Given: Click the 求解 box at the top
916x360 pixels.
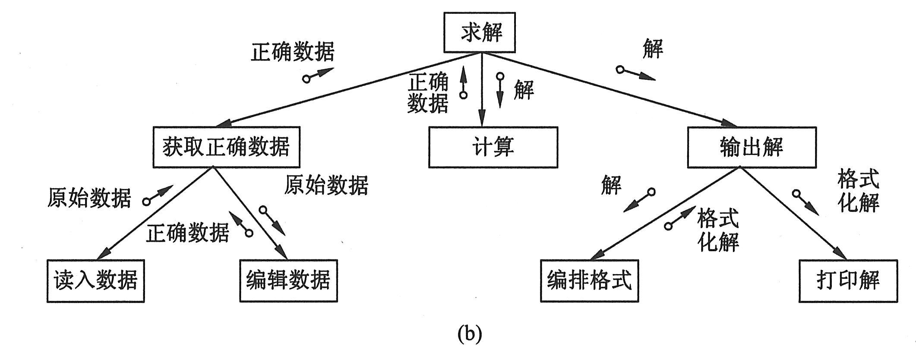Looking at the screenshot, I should [480, 32].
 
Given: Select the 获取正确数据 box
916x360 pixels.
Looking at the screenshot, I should [226, 147].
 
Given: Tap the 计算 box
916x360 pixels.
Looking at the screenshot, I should [493, 147].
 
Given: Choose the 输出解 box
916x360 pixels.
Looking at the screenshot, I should [752, 147].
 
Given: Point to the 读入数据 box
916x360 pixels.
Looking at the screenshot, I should [95, 281].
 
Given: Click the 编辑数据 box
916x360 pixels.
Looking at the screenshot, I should [288, 281].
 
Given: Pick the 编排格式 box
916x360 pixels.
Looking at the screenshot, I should [589, 281].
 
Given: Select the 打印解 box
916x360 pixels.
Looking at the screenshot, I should [848, 281].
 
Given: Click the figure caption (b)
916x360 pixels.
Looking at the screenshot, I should [469, 334].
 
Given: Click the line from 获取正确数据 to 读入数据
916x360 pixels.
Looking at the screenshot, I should [160, 212].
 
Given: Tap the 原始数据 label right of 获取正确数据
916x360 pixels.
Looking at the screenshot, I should [326, 185].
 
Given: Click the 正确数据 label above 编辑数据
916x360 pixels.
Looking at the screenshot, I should [187, 234].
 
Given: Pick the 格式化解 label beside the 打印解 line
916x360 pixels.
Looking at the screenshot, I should [858, 191].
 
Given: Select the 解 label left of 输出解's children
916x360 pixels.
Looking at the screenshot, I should [611, 185].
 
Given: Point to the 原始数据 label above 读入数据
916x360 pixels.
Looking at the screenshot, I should [89, 198].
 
